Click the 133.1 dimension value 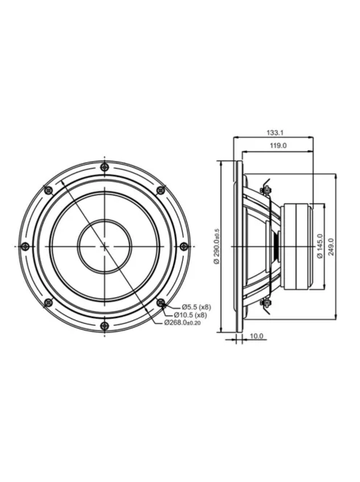pos(274,133)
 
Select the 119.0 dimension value pos(277,146)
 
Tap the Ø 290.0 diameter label pos(216,246)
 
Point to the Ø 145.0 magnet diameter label pos(319,246)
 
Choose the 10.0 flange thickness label pos(258,336)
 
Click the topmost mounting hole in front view pos(105,168)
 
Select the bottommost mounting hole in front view pos(105,325)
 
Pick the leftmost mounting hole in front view pos(25,247)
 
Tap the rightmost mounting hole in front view pos(183,247)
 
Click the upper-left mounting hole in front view pos(49,191)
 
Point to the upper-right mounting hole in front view pos(160,191)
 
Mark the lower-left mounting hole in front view pos(49,302)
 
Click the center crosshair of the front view pos(105,247)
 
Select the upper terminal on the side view pos(265,190)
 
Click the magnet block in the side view pos(298,246)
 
